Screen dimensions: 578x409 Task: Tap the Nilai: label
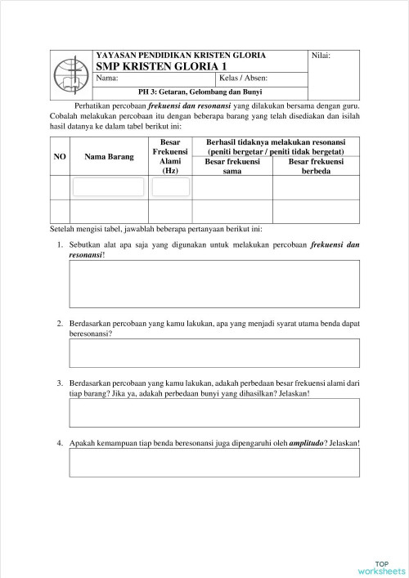(x=321, y=56)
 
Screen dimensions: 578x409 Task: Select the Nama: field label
(x=107, y=78)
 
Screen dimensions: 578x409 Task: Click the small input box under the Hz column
(x=170, y=187)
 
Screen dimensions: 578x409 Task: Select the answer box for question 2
(x=214, y=354)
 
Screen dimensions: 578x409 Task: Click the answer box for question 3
(x=214, y=414)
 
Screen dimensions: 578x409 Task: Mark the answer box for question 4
(x=214, y=463)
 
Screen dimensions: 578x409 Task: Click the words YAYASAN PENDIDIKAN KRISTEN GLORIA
(x=180, y=55)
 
